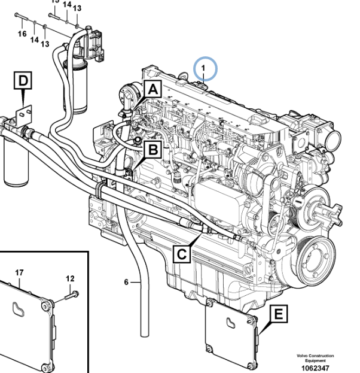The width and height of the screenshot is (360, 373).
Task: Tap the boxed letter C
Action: click(x=182, y=254)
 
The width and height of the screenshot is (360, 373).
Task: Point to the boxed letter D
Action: click(x=23, y=79)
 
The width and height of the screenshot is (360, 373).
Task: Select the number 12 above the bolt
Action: click(x=71, y=278)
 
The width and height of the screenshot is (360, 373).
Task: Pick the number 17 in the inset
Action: click(x=20, y=273)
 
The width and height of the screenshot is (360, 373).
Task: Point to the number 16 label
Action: click(x=22, y=34)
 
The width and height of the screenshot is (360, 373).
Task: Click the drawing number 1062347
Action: click(x=316, y=367)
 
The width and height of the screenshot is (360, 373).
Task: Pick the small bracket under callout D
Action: click(x=24, y=114)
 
